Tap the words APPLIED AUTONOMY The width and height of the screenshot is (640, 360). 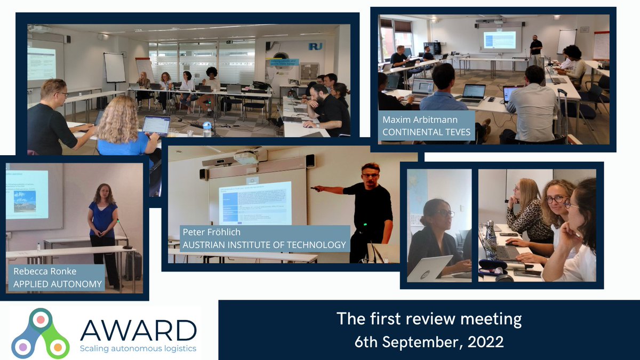57,284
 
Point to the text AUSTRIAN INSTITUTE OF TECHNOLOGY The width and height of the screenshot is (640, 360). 264,245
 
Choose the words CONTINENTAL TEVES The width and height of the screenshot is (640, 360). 427,132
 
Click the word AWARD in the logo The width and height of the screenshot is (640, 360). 138,330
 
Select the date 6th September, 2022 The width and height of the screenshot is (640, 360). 429,341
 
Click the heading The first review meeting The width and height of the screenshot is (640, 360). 429,319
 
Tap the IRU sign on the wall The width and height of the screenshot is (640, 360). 315,46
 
